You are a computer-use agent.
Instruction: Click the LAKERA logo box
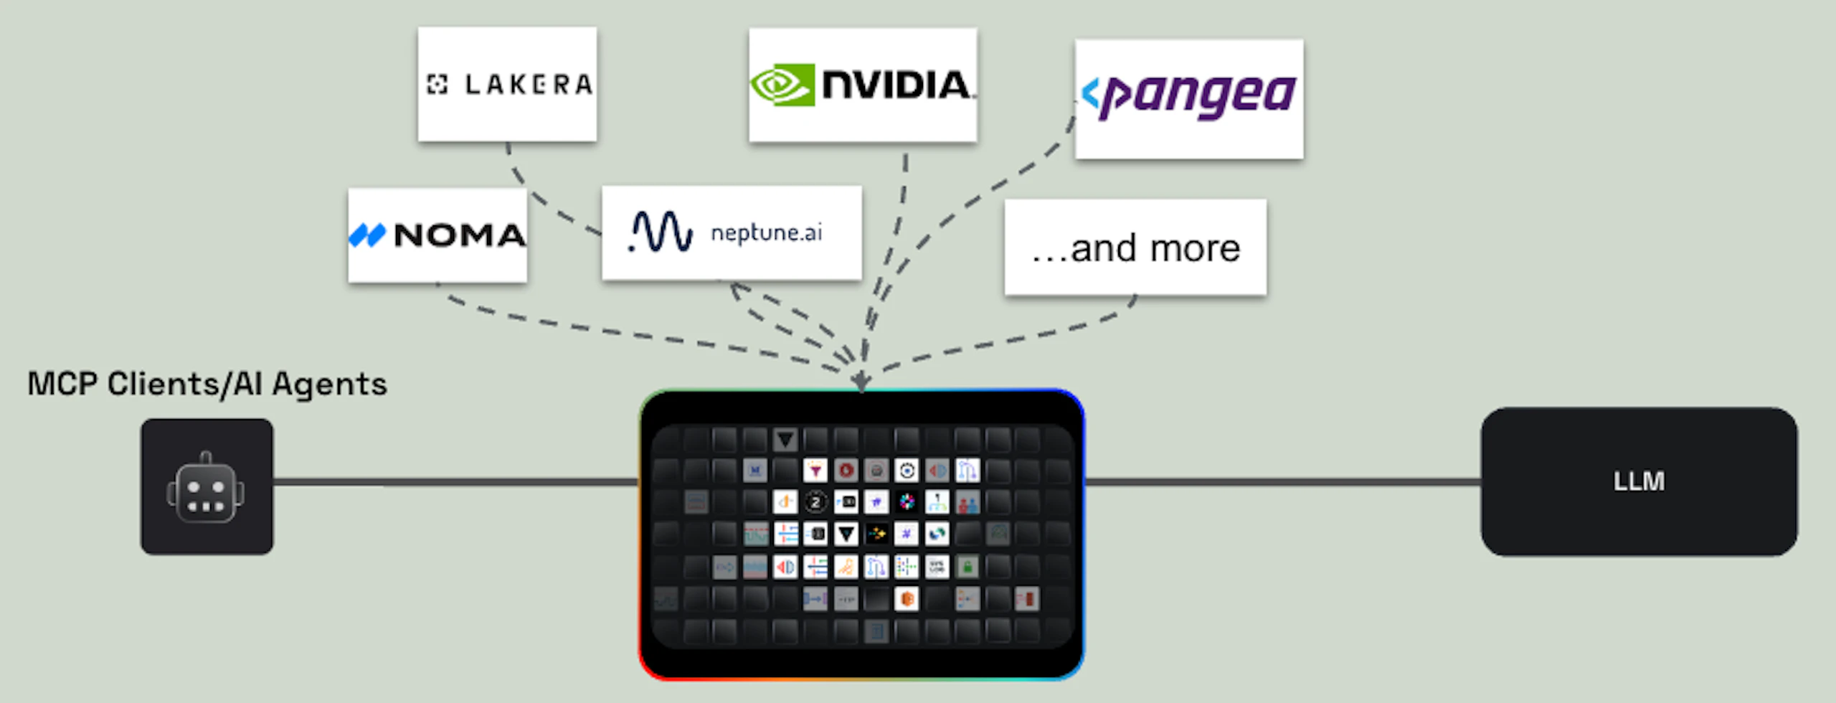tap(507, 84)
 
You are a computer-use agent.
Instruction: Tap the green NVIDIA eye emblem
tap(782, 85)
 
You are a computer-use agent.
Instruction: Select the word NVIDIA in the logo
tap(896, 85)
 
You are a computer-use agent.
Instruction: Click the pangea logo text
tap(1201, 97)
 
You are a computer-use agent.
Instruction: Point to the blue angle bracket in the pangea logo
tap(1090, 93)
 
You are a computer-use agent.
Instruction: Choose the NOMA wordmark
tap(460, 235)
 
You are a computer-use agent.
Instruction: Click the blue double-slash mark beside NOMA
tap(366, 235)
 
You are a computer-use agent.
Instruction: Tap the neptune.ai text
tap(766, 232)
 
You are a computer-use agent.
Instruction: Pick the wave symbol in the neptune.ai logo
tap(661, 231)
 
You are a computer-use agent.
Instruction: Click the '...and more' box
tap(1135, 248)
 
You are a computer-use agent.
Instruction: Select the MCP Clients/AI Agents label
tap(207, 384)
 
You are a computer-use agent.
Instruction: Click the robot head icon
tap(207, 489)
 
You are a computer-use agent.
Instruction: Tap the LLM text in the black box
tap(1639, 481)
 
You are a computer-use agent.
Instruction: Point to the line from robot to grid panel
tap(455, 482)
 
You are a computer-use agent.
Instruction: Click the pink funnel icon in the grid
tap(815, 471)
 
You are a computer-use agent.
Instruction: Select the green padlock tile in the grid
tap(967, 567)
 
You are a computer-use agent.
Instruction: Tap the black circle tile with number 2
tap(815, 502)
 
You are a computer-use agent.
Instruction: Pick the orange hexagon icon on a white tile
tap(907, 599)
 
